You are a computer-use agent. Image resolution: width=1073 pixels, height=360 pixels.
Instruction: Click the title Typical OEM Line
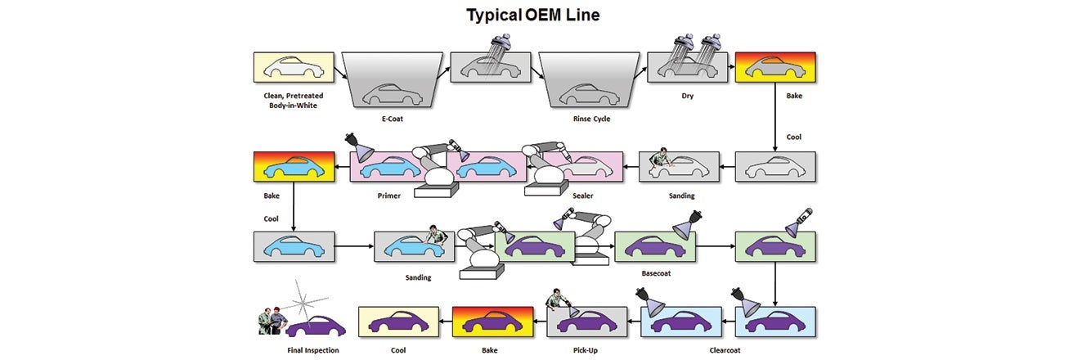532,15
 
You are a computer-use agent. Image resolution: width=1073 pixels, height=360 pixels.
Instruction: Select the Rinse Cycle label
591,119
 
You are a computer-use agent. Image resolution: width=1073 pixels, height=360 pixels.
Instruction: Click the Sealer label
582,196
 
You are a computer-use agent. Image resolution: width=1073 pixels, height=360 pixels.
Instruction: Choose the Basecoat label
653,273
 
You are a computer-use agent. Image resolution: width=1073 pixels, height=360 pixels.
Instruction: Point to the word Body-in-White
293,106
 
